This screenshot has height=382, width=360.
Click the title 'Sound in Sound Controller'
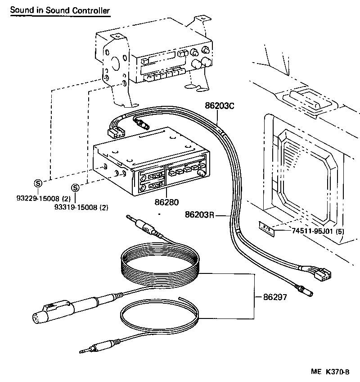pos(59,9)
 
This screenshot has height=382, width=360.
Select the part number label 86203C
pos(220,106)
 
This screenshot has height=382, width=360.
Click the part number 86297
pos(275,297)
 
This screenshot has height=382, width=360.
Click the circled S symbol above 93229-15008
pos(38,183)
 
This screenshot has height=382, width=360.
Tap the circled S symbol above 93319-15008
pos(75,188)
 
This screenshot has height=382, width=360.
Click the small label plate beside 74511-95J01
pos(265,228)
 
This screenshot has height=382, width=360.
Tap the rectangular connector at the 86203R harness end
pos(321,273)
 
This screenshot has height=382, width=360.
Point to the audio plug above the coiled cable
pos(143,226)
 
